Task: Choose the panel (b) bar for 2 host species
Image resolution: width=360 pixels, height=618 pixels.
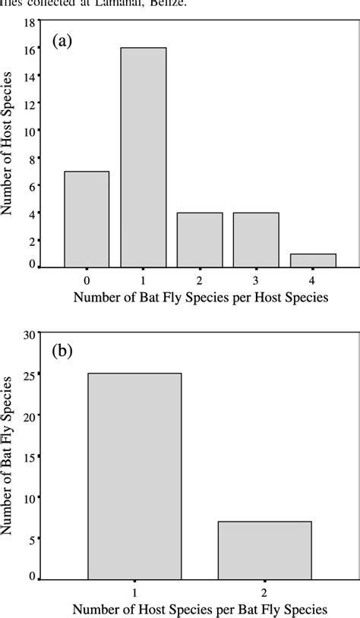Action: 264,550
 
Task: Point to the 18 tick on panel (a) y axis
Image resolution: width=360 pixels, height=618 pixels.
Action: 30,23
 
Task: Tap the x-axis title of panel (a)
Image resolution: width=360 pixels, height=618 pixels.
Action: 201,298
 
